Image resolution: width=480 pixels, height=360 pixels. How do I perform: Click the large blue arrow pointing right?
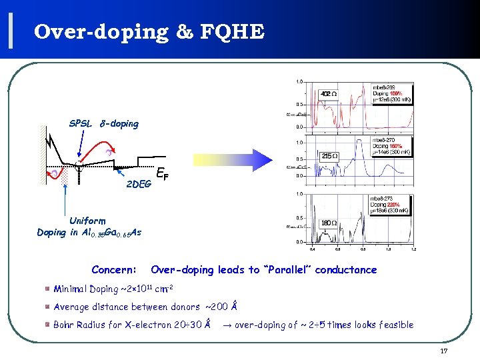pyautogui.click(x=233, y=160)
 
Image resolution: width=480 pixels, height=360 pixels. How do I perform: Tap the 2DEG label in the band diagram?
pyautogui.click(x=139, y=184)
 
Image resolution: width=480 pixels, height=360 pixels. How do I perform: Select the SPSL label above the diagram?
pyautogui.click(x=81, y=123)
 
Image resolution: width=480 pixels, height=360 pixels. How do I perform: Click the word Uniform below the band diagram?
pyautogui.click(x=87, y=220)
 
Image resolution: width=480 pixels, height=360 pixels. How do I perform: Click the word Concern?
pyautogui.click(x=113, y=270)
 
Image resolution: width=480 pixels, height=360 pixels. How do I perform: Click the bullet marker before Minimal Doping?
pyautogui.click(x=49, y=289)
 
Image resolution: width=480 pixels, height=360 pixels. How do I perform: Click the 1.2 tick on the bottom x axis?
pyautogui.click(x=413, y=249)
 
